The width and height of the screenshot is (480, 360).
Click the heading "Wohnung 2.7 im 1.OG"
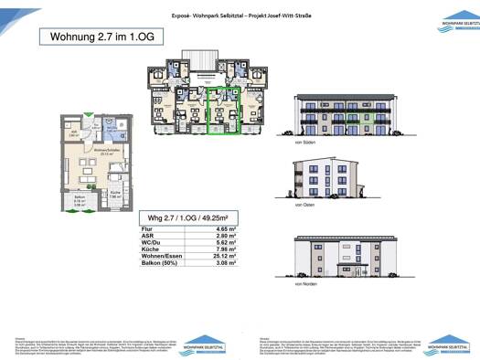click(85, 37)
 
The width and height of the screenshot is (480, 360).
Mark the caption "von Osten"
click(304, 206)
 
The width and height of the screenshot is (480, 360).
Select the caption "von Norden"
click(304, 285)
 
